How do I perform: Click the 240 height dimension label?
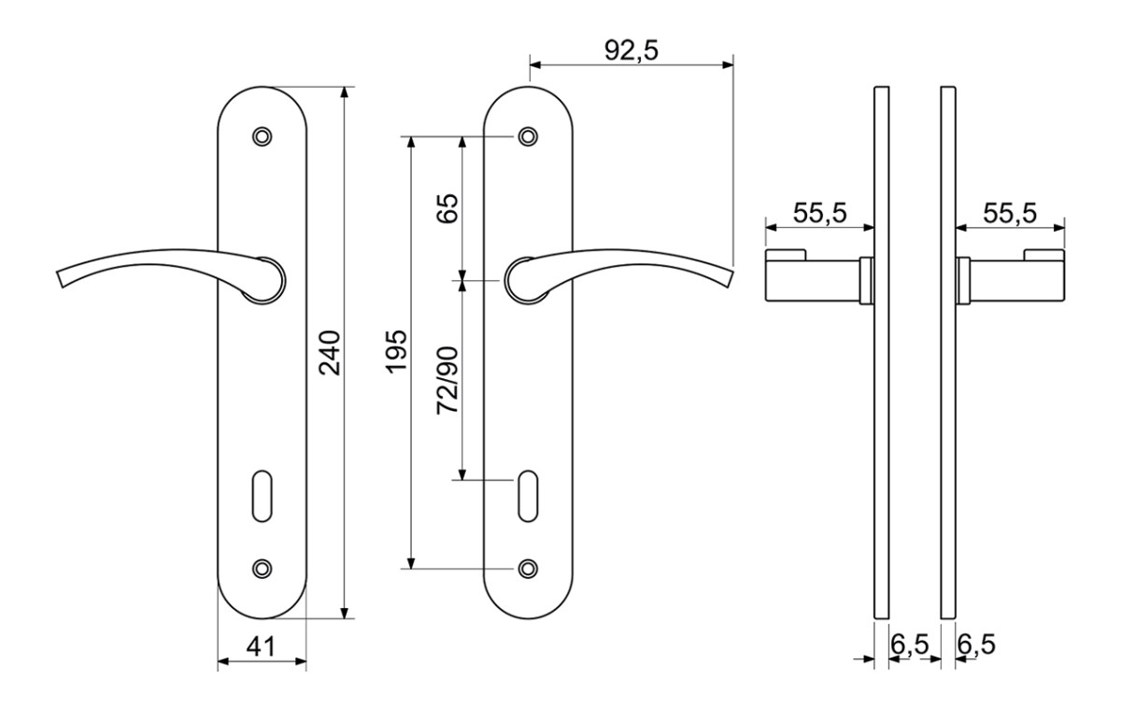pos(330,352)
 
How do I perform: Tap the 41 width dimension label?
pos(261,646)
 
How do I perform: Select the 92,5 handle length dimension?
pos(631,50)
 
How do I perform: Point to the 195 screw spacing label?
pos(396,351)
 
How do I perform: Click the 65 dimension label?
pos(447,208)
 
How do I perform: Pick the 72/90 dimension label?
pos(447,380)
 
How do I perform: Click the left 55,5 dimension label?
pos(820,213)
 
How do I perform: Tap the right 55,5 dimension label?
pos(1010,213)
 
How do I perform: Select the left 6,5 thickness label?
pos(909,644)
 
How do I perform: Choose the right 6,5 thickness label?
pos(976,644)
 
